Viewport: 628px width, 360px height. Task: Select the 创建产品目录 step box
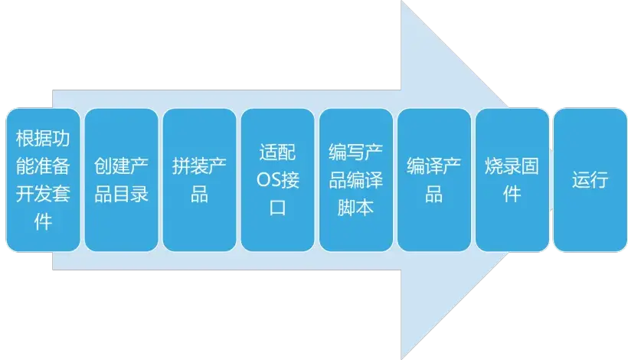[121, 180]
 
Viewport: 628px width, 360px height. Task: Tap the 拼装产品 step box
[199, 180]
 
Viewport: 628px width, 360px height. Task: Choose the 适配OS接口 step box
[277, 180]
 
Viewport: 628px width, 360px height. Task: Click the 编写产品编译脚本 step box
[355, 180]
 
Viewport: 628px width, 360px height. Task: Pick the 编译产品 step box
[433, 180]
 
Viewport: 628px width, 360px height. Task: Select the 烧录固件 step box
[512, 180]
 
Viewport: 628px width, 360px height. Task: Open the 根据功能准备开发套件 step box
[43, 180]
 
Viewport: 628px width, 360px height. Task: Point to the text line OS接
[277, 180]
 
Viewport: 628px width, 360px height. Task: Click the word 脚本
[355, 208]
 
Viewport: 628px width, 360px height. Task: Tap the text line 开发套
[43, 194]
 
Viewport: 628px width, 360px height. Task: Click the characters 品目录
[121, 194]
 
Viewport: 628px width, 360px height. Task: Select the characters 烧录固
[512, 166]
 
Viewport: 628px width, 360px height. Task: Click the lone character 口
[277, 208]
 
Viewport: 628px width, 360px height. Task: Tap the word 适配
[277, 152]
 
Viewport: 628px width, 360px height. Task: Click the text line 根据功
[43, 139]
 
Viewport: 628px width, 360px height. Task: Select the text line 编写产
[355, 152]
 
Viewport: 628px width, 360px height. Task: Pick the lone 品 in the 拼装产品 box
[199, 194]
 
